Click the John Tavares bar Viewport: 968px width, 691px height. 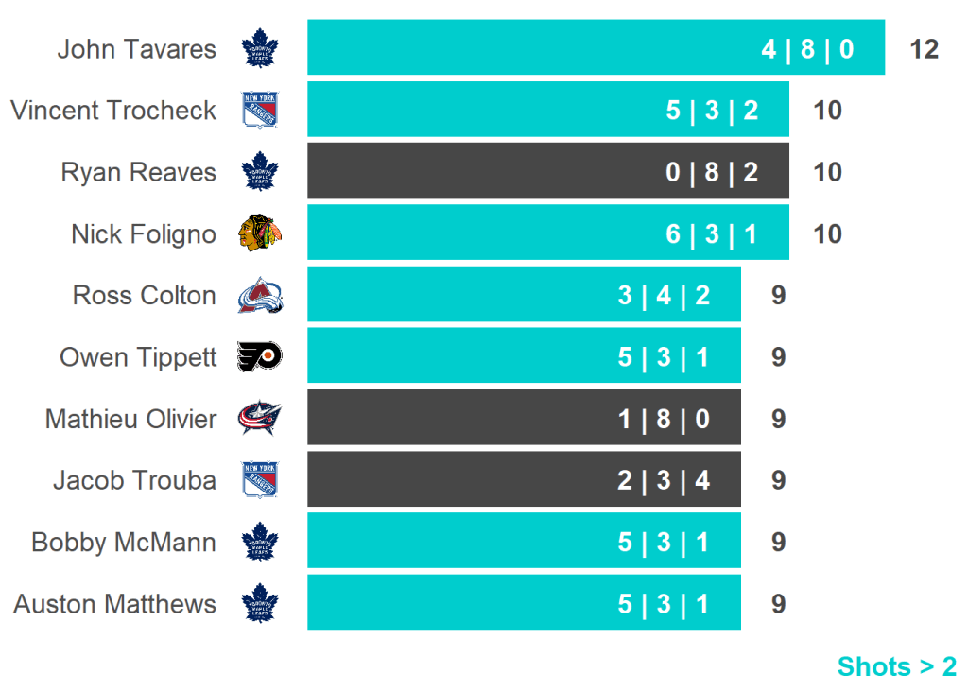596,47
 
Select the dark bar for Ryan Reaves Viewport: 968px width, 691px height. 548,171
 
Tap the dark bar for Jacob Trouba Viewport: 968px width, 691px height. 524,480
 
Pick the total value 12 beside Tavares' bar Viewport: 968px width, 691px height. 924,49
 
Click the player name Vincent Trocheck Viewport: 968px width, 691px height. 113,111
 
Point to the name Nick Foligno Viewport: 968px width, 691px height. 144,233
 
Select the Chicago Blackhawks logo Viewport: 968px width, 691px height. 260,233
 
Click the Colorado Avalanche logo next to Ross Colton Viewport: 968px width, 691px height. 260,296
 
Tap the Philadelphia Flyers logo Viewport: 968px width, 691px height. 260,357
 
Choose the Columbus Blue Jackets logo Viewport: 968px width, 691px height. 260,419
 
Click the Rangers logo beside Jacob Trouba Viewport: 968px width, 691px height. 260,480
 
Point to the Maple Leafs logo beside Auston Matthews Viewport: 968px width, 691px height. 260,604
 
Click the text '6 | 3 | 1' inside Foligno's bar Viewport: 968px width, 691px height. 712,234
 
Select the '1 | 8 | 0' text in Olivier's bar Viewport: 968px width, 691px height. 664,419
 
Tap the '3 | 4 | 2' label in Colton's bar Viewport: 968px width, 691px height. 664,296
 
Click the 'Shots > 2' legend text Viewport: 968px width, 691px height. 896,666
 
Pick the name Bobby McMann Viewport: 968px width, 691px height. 124,543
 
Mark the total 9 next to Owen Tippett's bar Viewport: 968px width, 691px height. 778,357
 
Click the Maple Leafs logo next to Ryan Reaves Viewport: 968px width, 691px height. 260,172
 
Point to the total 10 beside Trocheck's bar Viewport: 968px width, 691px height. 827,111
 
